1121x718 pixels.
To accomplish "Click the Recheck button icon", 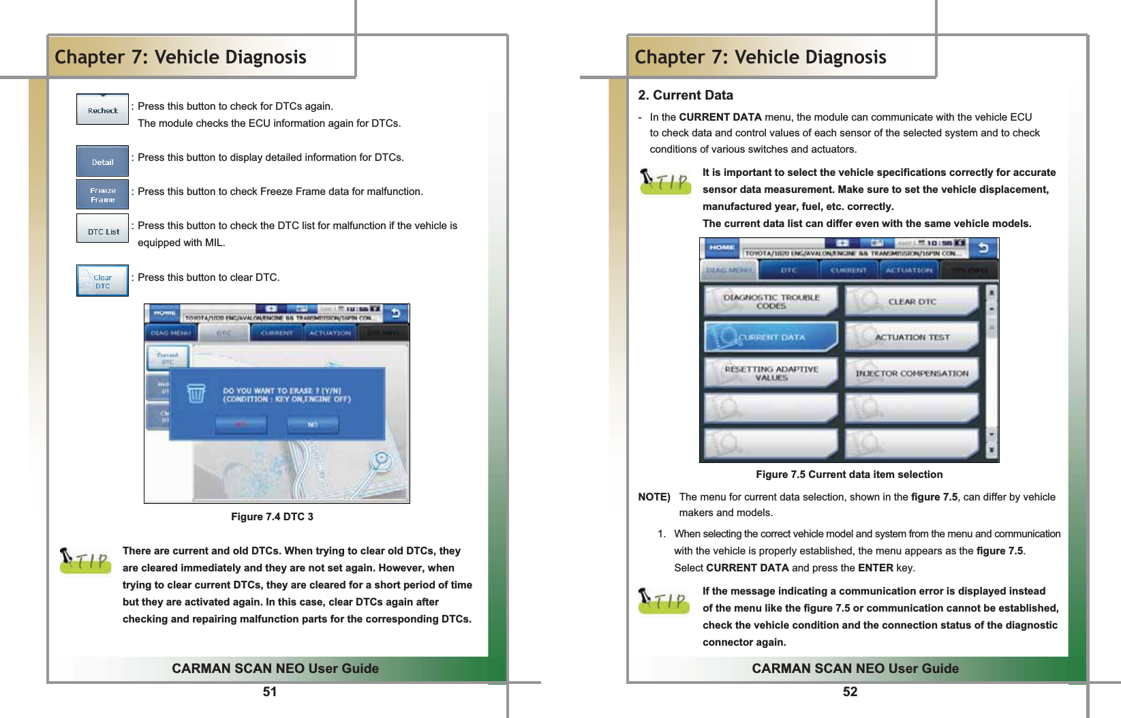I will point(102,110).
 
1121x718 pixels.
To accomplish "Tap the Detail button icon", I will point(102,162).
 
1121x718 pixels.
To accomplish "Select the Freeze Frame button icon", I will point(102,195).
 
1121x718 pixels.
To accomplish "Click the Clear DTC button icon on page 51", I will point(102,281).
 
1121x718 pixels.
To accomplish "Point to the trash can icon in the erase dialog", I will point(196,393).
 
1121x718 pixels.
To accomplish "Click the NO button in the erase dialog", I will point(312,424).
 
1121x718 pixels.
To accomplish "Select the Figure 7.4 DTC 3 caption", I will point(272,517).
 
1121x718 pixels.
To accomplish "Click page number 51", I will point(270,692).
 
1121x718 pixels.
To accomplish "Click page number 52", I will point(850,692).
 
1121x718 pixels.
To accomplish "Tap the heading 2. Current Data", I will point(685,95).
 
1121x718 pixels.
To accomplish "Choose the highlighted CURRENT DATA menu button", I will point(770,337).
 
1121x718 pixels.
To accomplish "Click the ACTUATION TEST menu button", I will point(911,337).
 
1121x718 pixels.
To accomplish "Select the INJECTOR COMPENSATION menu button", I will point(911,373).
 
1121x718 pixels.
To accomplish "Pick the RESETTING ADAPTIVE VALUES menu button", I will point(770,373).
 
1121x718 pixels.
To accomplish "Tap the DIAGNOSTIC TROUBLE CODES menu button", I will point(770,301).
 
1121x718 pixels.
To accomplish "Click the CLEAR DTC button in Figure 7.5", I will point(911,301).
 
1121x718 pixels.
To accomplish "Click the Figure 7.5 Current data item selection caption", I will point(849,475).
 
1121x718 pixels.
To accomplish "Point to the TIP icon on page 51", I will point(85,561).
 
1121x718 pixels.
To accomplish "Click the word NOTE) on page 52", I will point(654,497).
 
